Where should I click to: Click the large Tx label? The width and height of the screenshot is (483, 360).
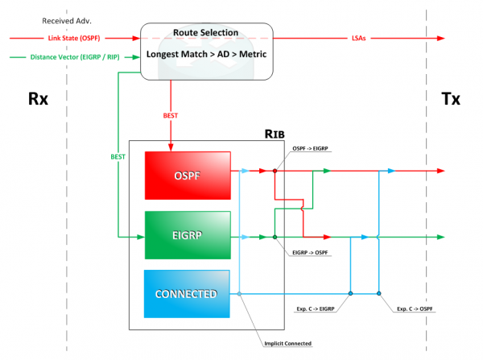[452, 99]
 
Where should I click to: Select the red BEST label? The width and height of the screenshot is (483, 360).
[171, 115]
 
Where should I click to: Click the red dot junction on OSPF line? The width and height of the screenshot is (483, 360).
[275, 171]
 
